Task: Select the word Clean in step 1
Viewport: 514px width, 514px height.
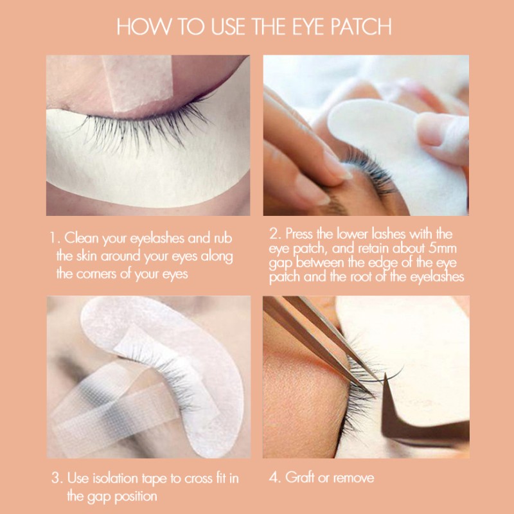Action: [x=85, y=238]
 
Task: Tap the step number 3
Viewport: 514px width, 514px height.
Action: [x=55, y=478]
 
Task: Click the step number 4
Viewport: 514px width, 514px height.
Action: [x=272, y=477]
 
